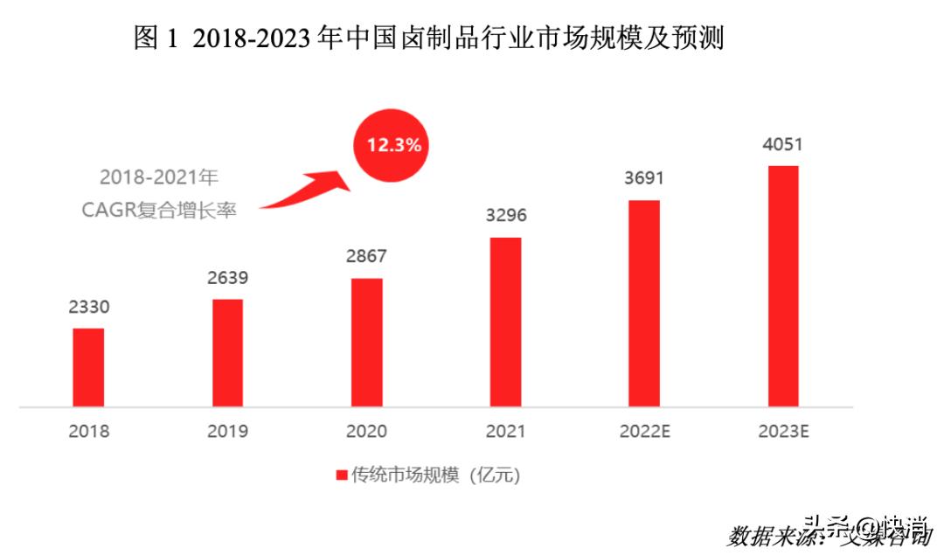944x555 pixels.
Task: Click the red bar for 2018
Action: point(88,367)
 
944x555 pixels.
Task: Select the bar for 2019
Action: point(227,353)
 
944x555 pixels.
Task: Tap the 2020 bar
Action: point(366,343)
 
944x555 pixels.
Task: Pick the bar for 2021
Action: point(505,322)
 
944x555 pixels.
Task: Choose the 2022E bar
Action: point(644,303)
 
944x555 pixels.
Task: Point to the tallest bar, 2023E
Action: point(783,286)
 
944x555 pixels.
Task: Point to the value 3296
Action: point(505,216)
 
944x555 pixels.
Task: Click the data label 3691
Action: point(644,179)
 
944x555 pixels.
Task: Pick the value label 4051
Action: point(783,144)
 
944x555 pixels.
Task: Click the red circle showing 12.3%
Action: point(393,145)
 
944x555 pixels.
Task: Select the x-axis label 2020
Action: point(366,432)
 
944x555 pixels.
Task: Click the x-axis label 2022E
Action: point(644,432)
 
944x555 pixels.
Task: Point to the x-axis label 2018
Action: point(88,432)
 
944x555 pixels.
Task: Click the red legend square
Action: point(342,475)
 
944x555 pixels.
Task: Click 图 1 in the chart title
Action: point(156,38)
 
